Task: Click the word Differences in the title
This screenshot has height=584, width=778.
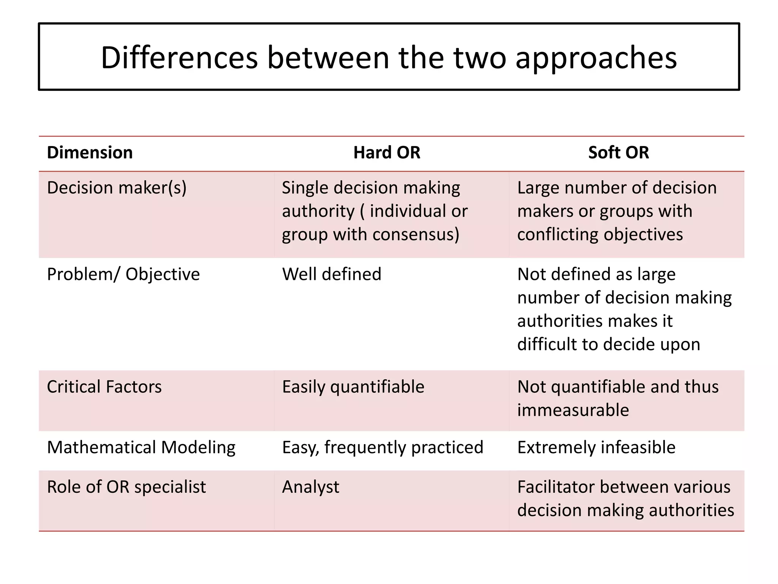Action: click(179, 58)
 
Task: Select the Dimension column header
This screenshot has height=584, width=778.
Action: click(90, 152)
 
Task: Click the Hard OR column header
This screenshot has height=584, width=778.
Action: click(387, 152)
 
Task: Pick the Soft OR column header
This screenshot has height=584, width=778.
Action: click(618, 152)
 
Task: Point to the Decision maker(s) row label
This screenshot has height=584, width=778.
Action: click(117, 188)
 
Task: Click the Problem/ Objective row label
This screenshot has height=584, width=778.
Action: click(123, 274)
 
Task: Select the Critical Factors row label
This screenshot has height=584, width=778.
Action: click(104, 387)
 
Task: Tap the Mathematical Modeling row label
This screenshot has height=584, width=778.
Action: click(141, 448)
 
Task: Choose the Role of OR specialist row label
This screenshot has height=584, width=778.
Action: click(126, 487)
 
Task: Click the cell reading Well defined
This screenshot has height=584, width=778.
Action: click(331, 274)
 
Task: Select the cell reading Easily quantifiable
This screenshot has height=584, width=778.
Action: click(353, 387)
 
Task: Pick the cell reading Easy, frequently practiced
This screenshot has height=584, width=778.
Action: click(383, 448)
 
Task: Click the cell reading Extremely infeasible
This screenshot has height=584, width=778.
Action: click(596, 448)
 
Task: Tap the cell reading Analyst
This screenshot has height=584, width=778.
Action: click(310, 487)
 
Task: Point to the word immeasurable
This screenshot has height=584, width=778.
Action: click(573, 410)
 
